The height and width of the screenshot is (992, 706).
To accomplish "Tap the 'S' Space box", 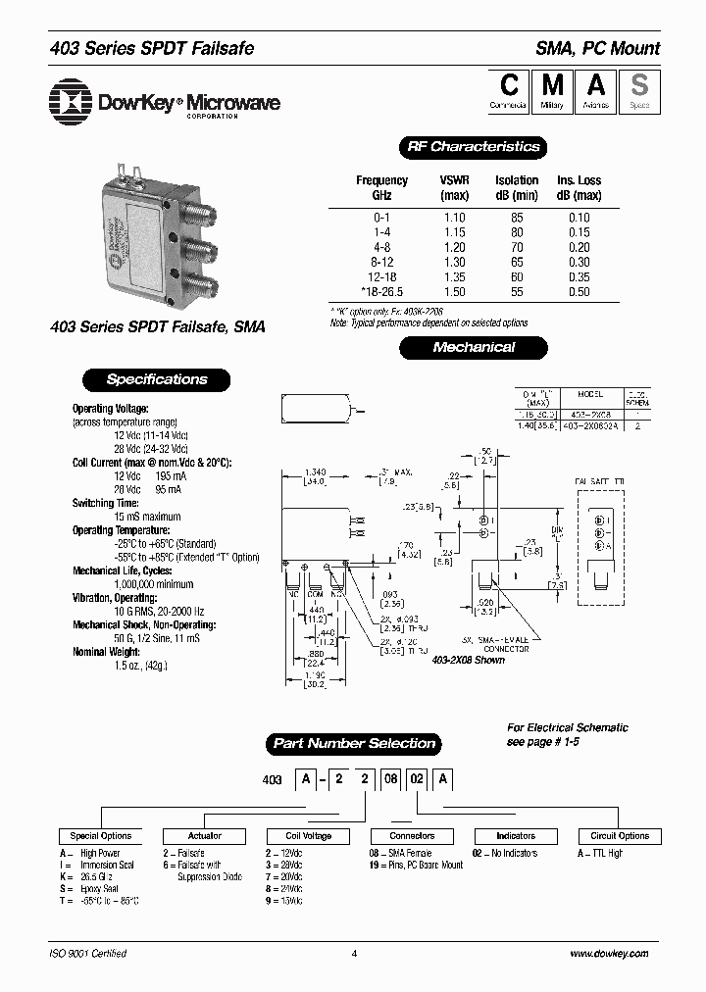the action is coord(638,90).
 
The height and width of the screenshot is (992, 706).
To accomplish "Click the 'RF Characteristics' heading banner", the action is coord(473,147).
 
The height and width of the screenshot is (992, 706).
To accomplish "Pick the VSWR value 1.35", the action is coord(454,277).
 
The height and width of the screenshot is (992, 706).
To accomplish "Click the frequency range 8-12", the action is coord(381,263).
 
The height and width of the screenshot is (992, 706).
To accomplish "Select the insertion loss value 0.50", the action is coord(580,292).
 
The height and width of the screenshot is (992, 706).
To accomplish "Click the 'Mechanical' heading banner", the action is coord(473,347).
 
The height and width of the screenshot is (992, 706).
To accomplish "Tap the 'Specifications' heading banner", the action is coord(157,379).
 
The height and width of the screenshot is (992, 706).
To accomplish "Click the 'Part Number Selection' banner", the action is coord(353,743).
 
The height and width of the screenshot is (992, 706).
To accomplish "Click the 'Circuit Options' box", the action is coord(620,836).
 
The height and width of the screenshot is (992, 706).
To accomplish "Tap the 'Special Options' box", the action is coord(101,836).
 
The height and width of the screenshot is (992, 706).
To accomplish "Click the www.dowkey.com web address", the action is coord(608,953).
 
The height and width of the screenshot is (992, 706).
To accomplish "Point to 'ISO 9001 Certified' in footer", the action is coord(87,953).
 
